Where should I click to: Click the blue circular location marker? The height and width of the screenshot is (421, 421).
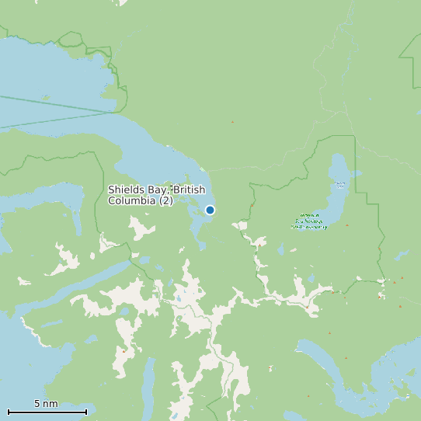click(x=210, y=210)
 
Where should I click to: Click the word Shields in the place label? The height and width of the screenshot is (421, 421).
click(x=126, y=190)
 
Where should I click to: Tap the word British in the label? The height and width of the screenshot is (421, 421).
click(x=191, y=190)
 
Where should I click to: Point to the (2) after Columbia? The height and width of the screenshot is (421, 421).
click(x=166, y=201)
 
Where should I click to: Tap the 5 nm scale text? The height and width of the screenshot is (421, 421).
click(x=46, y=404)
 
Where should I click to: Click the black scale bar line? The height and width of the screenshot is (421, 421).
click(x=47, y=412)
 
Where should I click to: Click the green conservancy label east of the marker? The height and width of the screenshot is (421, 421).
click(x=310, y=221)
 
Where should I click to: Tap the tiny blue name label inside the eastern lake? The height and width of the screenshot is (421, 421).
click(x=340, y=185)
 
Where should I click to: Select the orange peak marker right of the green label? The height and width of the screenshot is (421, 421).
click(x=346, y=225)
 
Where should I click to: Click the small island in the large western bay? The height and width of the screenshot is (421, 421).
click(x=45, y=98)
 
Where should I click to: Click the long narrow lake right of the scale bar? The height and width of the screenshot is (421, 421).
click(x=148, y=384)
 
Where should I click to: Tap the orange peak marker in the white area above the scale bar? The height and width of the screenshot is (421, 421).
click(x=123, y=350)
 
